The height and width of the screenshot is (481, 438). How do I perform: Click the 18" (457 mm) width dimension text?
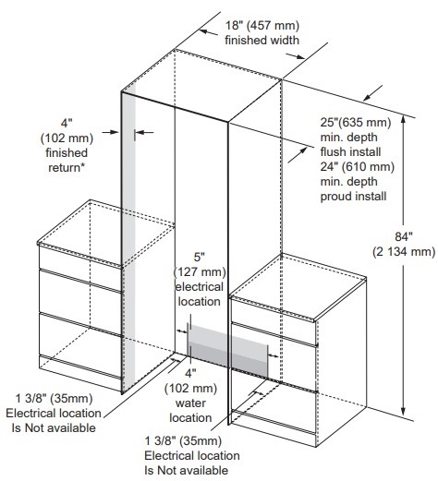262,26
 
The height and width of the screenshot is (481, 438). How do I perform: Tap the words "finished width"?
262,41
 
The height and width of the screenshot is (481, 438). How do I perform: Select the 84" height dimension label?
404,237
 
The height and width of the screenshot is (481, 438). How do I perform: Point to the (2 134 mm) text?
404,252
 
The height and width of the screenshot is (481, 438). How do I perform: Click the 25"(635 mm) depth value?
356,123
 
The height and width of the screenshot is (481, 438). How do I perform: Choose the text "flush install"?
350,152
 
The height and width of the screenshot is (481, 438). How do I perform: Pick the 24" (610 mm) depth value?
358,167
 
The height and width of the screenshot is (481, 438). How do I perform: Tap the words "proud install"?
353,197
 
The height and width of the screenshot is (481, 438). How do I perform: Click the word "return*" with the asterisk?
67,168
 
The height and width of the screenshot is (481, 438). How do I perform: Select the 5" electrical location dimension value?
199,257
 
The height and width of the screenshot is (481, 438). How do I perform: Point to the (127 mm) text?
200,272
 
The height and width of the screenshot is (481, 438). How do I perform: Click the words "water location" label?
190,411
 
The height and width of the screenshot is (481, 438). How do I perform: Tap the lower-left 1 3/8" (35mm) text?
54,399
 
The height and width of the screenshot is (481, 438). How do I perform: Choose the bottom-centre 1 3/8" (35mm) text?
183,441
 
